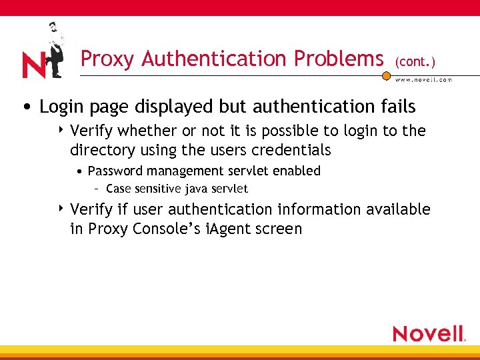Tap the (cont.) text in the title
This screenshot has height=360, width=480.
[x=415, y=61]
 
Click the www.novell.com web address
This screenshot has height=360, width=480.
[x=423, y=80]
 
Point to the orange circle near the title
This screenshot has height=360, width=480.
[x=386, y=76]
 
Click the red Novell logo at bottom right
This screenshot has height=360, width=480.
[x=429, y=333]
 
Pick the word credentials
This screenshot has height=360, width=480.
[x=291, y=149]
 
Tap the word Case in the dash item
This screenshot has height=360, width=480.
[x=118, y=189]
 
